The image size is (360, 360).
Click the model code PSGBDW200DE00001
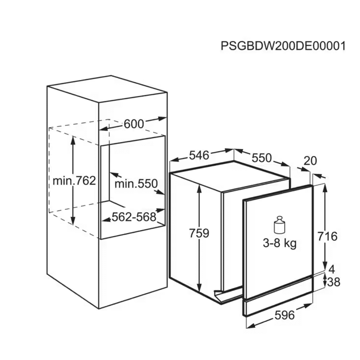point(283,46)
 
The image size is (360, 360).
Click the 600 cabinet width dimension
point(134,124)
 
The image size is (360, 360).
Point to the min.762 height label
point(74,181)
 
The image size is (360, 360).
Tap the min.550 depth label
point(136,184)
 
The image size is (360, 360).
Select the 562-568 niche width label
point(134,216)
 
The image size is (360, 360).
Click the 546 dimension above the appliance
point(199,155)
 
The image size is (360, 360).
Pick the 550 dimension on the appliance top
point(262,158)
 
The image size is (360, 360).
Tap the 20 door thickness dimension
point(310,161)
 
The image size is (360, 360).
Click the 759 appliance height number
point(199,233)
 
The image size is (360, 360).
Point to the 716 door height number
point(327,236)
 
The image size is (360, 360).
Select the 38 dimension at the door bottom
point(333,282)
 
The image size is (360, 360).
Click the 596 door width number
point(284,315)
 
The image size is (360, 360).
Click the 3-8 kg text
point(280,243)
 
